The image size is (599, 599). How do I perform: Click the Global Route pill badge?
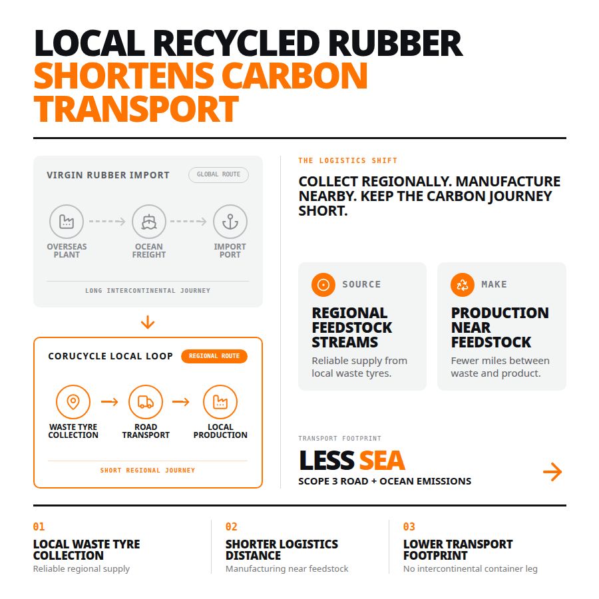coord(218,174)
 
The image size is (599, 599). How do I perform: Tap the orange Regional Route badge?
coord(214,356)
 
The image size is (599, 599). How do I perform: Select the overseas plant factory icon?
coord(67,221)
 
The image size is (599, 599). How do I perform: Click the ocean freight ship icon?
coord(149,221)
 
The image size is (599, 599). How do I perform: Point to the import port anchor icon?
coord(230,221)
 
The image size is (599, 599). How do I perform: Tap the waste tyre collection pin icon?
coord(73,402)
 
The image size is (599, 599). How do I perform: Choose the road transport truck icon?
coord(146,402)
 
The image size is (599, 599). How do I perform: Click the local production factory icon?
coord(220,402)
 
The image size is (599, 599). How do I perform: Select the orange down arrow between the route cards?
coord(148,322)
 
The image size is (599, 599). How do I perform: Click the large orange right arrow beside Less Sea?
coord(552,472)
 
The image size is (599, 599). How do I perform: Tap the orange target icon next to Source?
coord(323,285)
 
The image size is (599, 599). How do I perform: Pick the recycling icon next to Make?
coord(463,285)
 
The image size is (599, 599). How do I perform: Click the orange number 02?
coord(232,527)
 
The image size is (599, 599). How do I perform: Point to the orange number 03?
coord(409,527)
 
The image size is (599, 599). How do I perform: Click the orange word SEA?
coord(382,461)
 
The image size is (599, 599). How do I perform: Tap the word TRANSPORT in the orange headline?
coord(136,109)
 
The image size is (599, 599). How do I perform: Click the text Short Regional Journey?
coord(148,471)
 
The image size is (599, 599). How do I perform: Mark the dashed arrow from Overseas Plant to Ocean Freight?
coord(107,221)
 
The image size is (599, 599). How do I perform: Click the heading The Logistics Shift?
coord(347,160)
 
